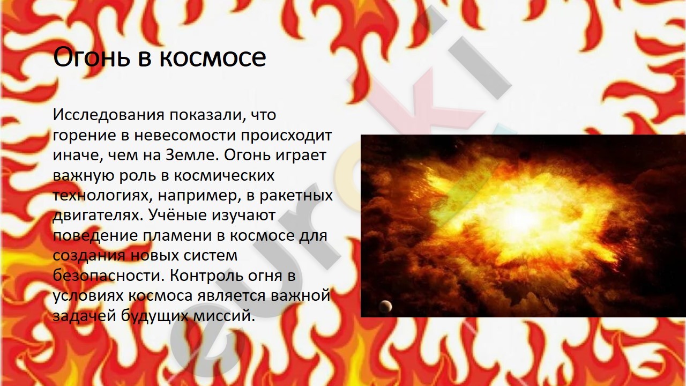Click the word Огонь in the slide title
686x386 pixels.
click(x=92, y=57)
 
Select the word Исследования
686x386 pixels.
click(x=109, y=115)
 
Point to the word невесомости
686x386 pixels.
click(x=185, y=135)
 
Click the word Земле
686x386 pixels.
click(x=192, y=155)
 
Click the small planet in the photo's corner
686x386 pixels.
click(x=385, y=306)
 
